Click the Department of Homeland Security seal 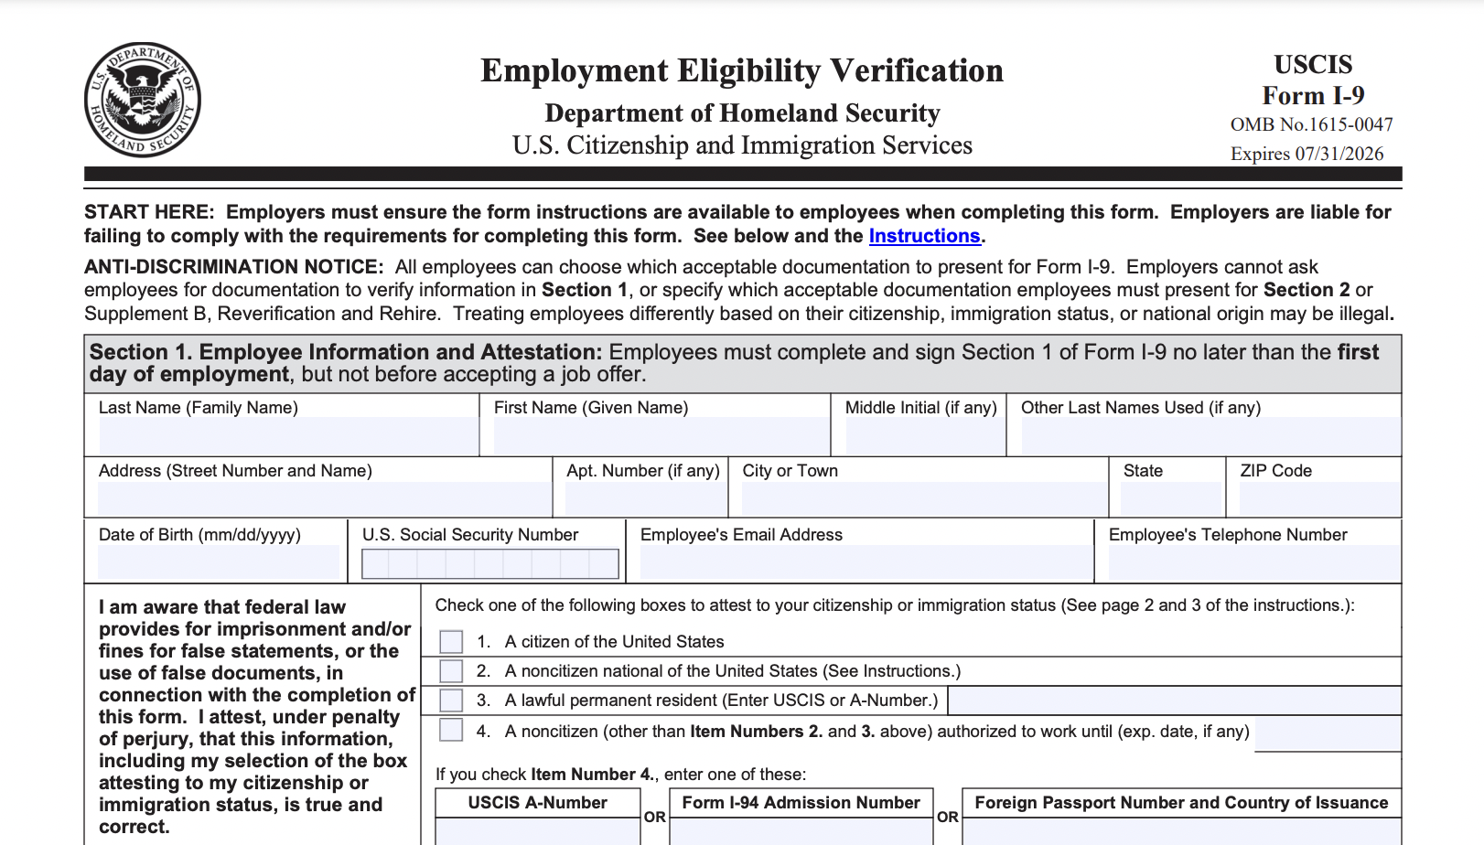[143, 100]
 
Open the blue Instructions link [924, 236]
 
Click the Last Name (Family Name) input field [288, 435]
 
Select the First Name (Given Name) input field [661, 435]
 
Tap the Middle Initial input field [924, 435]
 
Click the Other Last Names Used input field [1210, 435]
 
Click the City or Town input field [924, 498]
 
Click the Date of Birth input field [219, 562]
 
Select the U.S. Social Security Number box [490, 563]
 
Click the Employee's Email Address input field [866, 562]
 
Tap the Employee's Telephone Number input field [1253, 562]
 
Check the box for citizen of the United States [451, 641]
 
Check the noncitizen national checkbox [451, 671]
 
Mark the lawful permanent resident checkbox [451, 701]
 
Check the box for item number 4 [451, 730]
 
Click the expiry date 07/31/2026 [1339, 154]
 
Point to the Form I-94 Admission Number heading [801, 803]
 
